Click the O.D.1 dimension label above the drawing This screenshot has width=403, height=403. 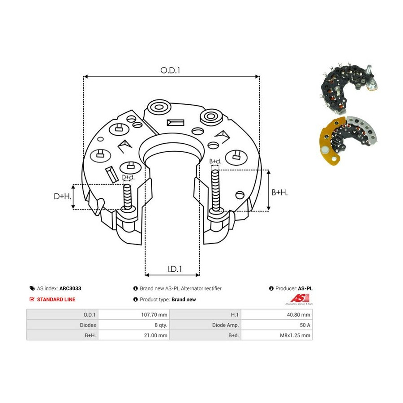[170, 70]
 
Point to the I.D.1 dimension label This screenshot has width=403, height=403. [175, 269]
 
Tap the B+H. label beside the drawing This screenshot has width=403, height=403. [279, 192]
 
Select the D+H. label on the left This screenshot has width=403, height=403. [62, 197]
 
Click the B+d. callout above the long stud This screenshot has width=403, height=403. [215, 161]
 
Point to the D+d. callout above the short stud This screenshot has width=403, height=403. [128, 177]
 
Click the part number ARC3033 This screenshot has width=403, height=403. [70, 288]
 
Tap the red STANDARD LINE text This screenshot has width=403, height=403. [56, 300]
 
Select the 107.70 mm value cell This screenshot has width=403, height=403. [154, 315]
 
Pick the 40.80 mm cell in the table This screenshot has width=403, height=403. [299, 315]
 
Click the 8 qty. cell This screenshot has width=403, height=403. [161, 325]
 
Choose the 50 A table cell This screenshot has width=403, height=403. [305, 325]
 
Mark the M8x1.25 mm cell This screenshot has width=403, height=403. [295, 335]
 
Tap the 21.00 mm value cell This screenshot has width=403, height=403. [155, 335]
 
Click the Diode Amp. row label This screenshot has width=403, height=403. [225, 325]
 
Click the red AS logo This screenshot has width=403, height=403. [300, 298]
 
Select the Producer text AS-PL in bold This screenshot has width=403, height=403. [305, 288]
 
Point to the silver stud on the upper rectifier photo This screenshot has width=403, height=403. [369, 69]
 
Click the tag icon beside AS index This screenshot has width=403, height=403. [32, 288]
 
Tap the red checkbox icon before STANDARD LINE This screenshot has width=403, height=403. [32, 299]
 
